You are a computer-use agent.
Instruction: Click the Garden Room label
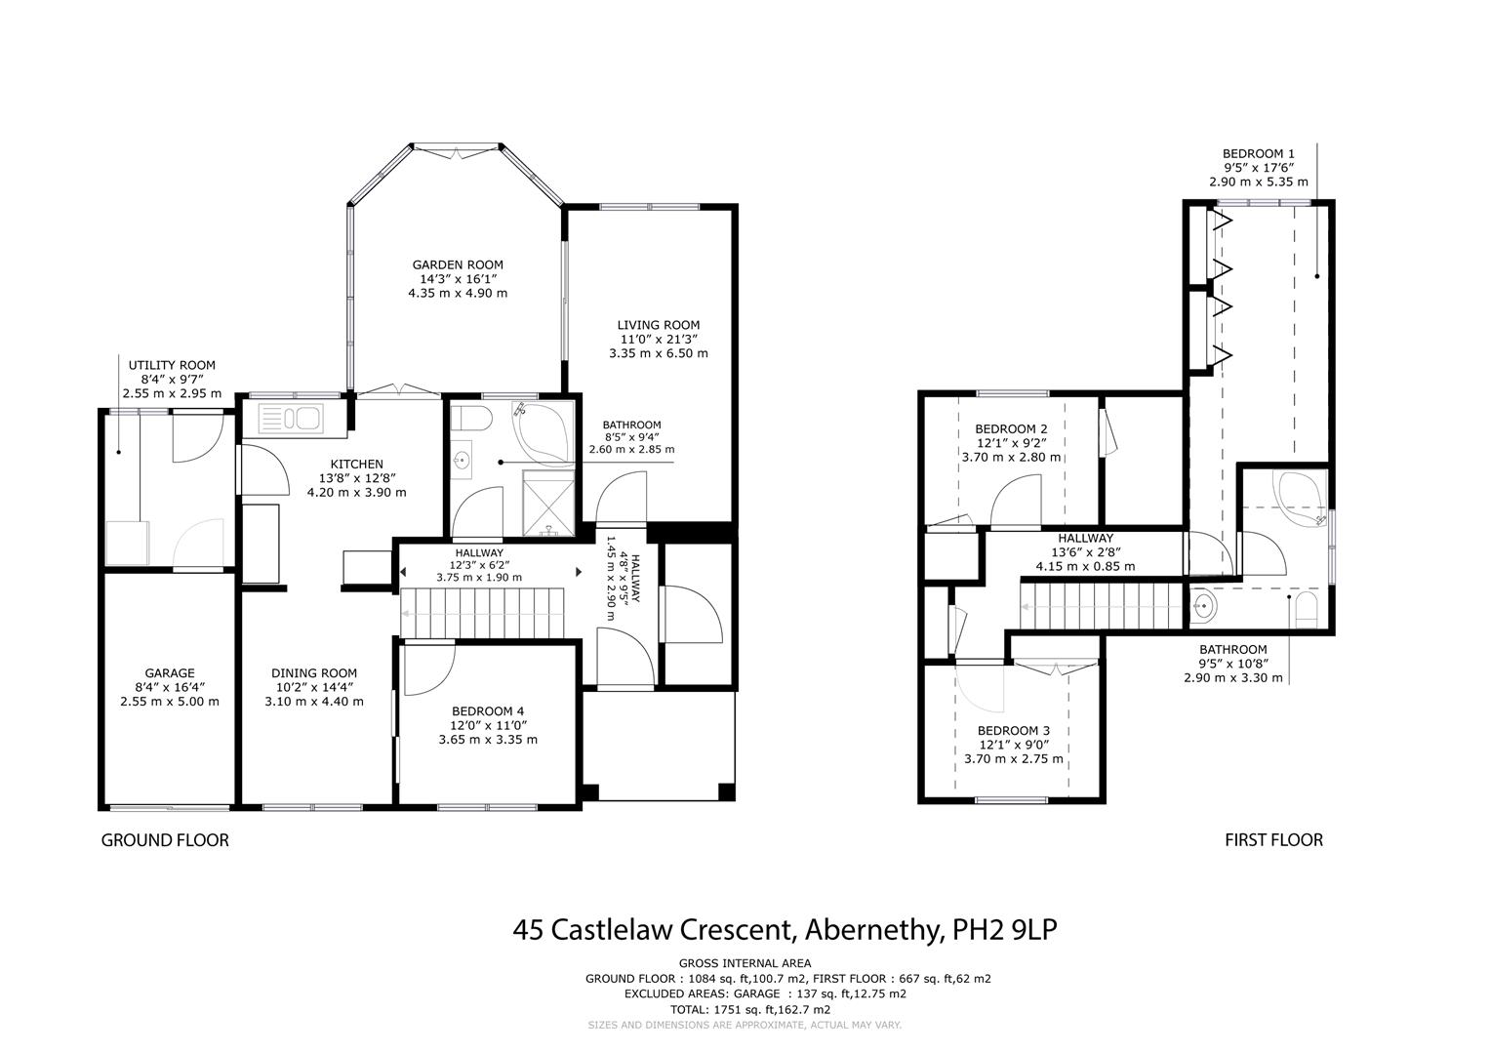pos(458,264)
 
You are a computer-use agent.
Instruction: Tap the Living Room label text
pos(658,325)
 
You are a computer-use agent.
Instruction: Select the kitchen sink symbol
pos(290,419)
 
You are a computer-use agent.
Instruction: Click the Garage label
pos(170,672)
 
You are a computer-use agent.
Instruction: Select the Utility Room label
pos(172,365)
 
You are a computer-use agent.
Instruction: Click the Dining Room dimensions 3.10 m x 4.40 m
pos(314,701)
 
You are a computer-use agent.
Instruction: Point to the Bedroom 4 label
pos(488,711)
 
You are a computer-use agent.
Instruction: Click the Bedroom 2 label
pos(1011,428)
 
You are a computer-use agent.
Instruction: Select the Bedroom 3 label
pos(1014,731)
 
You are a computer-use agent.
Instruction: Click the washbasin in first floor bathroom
pos(1203,606)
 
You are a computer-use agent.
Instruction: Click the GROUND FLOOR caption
pos(165,840)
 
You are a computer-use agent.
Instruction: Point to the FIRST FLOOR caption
pos(1273,840)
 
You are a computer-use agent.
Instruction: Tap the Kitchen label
pos(356,464)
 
